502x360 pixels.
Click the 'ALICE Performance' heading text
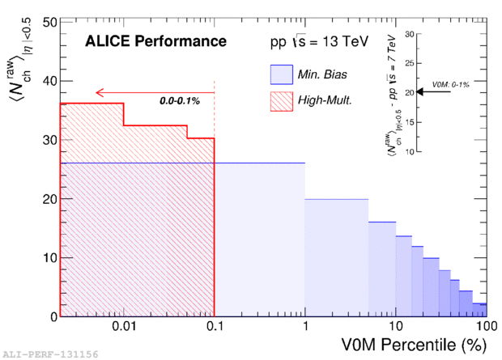[156, 40]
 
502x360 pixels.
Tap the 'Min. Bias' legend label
[326, 75]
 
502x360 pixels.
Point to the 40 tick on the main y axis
[47, 81]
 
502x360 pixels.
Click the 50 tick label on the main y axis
[47, 22]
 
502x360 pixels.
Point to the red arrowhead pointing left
[99, 92]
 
